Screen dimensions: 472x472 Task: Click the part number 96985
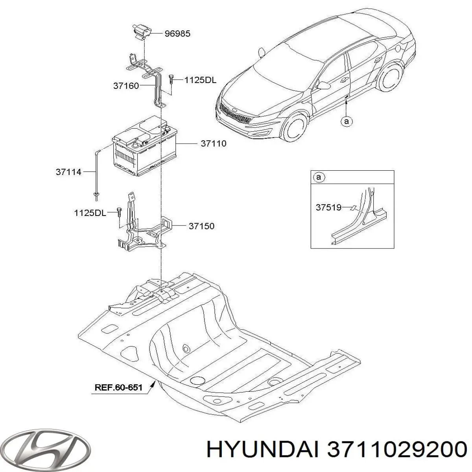177,33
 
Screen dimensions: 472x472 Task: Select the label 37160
126,86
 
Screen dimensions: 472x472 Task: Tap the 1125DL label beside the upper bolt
200,80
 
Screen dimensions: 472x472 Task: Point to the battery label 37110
213,143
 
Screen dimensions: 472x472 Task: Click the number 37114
68,172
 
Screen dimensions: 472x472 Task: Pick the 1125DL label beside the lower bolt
90,213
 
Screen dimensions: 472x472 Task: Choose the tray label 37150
201,226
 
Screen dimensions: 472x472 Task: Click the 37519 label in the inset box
328,207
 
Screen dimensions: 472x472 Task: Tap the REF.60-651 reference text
118,394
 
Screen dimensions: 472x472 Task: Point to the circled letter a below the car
347,121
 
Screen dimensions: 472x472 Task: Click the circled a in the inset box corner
319,177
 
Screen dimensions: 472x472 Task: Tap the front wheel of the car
295,127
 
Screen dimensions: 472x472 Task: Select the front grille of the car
236,114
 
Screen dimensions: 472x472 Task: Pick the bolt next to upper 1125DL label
171,79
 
